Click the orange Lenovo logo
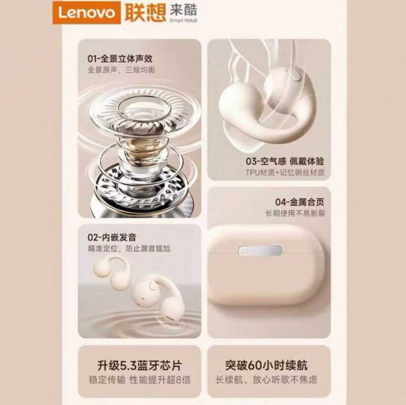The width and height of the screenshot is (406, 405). coord(86,12)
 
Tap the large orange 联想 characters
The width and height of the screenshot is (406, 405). coord(145,12)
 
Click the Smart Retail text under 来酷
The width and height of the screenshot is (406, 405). coord(183,20)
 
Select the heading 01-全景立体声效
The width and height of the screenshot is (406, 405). coord(120,59)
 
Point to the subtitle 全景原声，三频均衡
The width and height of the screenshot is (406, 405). coord(121,69)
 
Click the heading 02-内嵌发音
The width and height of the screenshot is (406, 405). coord(112,237)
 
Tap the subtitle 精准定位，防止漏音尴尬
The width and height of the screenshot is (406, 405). coord(129,249)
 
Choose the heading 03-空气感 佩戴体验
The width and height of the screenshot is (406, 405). coord(285,161)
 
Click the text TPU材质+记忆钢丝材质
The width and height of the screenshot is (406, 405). coord(285,172)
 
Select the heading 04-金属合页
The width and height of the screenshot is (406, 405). coord(299,202)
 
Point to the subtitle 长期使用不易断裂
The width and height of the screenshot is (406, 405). coord(295,213)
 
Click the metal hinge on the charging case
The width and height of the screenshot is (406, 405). coord(260,250)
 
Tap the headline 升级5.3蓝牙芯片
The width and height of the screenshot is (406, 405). coord(140,366)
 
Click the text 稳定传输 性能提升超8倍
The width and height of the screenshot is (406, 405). coord(140,380)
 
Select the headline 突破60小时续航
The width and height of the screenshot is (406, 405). coord(266,366)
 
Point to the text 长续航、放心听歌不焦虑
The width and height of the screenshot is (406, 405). coord(266,380)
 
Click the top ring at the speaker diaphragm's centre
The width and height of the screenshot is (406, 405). coord(144,107)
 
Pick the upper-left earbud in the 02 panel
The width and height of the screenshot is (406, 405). coord(113,271)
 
